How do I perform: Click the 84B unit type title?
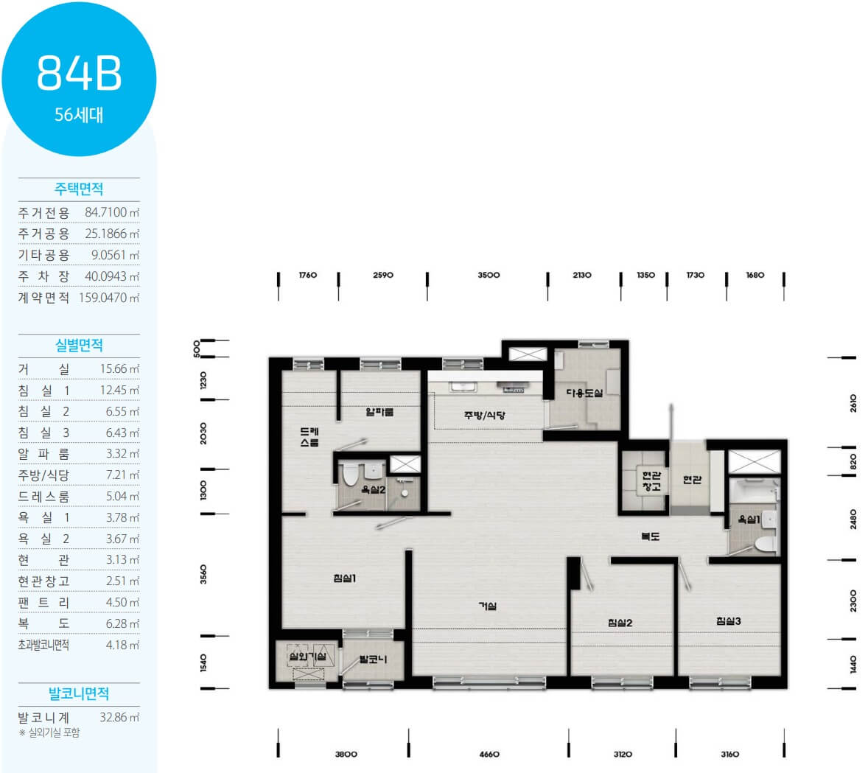click(79, 73)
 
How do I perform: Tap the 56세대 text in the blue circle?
click(79, 115)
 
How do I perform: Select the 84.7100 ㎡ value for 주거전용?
click(112, 212)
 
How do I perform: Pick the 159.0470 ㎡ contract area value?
click(109, 298)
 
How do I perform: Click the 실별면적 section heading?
click(79, 346)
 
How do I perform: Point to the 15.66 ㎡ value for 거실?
click(119, 368)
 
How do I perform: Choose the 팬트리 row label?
click(43, 603)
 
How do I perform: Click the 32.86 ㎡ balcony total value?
click(119, 717)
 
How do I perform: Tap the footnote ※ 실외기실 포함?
click(49, 732)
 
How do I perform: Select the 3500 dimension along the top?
click(489, 275)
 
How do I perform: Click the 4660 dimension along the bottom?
click(489, 754)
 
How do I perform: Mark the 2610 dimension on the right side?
click(853, 402)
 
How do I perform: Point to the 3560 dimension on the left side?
click(203, 574)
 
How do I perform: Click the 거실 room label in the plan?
click(488, 606)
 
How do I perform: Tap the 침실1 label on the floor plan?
click(344, 578)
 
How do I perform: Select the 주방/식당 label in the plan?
click(484, 415)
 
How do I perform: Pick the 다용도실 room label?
click(584, 393)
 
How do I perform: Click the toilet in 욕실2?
click(351, 475)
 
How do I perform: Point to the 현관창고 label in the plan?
click(651, 480)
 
